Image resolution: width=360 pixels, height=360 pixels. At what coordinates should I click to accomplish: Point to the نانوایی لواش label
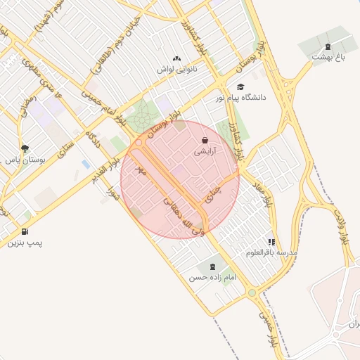(x=176, y=69)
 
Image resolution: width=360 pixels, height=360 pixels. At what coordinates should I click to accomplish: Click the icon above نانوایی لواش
(x=176, y=59)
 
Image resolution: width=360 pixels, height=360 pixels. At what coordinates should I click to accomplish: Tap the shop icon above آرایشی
(x=205, y=140)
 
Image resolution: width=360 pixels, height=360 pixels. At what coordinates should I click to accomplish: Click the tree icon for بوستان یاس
(x=25, y=148)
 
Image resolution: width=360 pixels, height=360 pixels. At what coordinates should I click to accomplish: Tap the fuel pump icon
(x=25, y=231)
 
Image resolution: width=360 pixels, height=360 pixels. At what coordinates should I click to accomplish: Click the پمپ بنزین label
(x=25, y=243)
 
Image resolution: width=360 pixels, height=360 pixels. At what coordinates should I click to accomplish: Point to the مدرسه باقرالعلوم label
(x=272, y=252)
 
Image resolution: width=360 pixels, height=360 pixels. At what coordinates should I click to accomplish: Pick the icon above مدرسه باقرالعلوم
(x=272, y=241)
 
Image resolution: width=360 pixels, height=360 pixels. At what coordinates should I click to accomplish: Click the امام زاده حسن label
(x=212, y=278)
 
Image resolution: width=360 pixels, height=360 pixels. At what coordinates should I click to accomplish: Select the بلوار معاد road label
(x=262, y=190)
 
